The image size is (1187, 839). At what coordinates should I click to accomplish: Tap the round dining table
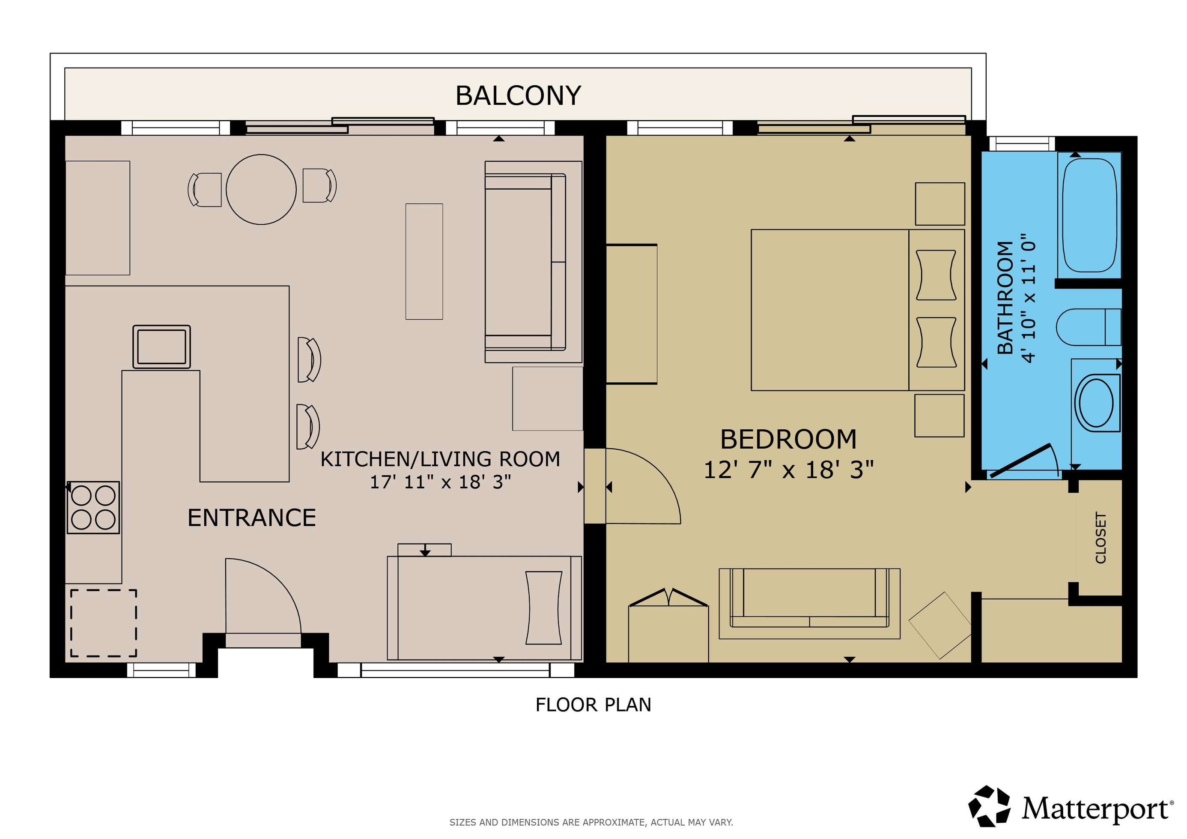261,189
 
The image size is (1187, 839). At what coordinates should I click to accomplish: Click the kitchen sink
162,347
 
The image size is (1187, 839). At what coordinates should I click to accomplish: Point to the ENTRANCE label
252,518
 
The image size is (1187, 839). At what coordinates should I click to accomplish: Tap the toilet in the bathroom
1088,327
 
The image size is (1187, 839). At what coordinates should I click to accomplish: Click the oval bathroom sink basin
1096,403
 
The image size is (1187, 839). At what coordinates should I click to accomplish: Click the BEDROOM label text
788,439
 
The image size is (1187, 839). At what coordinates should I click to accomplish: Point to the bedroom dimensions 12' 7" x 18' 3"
788,470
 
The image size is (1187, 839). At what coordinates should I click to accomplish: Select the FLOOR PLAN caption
593,705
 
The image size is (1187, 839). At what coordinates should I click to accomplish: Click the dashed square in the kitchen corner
103,623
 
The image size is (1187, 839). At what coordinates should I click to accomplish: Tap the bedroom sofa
809,603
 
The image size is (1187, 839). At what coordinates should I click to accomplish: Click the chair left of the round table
205,190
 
